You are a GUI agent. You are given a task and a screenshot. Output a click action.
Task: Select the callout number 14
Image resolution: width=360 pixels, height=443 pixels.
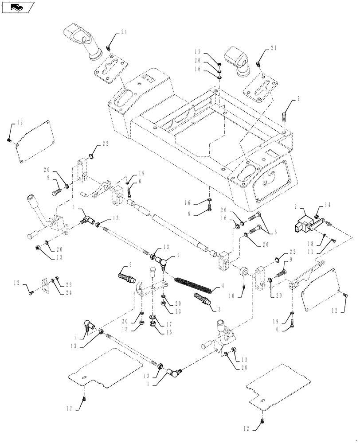tap(327, 205)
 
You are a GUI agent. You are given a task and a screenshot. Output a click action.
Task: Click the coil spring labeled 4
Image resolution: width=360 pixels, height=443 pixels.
tap(194, 286)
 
